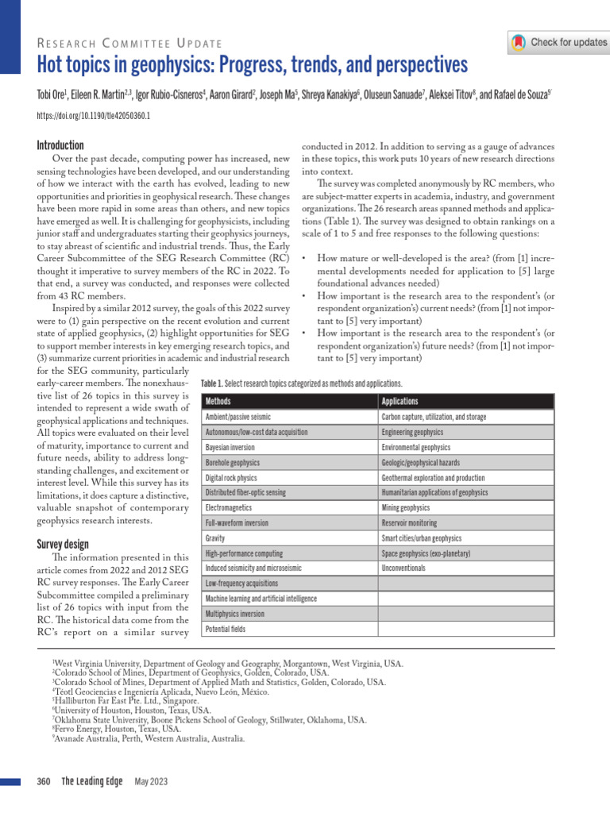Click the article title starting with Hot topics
(253, 64)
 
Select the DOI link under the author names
(94, 115)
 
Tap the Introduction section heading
(60, 145)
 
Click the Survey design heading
(63, 544)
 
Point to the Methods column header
(218, 402)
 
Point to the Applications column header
(400, 402)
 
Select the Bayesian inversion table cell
(230, 447)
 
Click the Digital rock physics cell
(231, 478)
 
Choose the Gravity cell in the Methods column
(215, 538)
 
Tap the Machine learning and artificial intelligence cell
(261, 599)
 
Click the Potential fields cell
(226, 629)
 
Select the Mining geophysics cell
(405, 507)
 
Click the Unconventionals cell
(403, 568)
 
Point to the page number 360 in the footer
(44, 782)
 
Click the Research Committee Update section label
(129, 42)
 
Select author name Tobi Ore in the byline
(53, 95)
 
